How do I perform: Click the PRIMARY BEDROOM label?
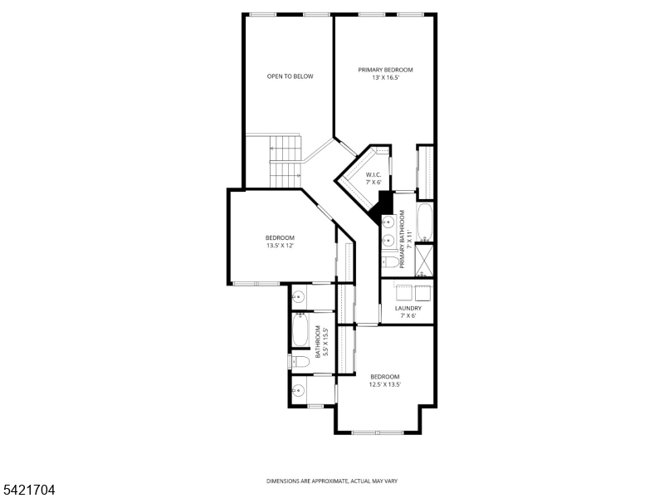385,70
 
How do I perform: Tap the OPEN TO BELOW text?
290,76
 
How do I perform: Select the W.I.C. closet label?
373,174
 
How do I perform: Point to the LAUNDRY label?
408,309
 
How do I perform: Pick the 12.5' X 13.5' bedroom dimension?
385,384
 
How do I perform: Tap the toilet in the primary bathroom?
390,262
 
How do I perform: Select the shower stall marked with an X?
425,261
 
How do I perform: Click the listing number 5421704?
28,491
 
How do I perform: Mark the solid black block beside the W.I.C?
385,204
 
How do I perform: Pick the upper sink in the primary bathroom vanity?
388,222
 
